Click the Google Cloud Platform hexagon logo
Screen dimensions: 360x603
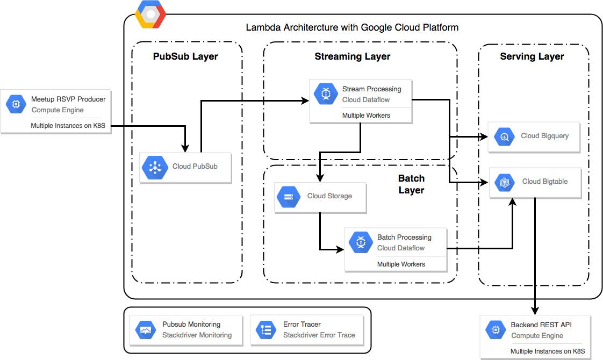coord(150,15)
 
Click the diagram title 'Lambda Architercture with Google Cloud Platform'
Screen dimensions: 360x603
coord(352,27)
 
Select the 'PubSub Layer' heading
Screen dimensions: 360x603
coord(185,56)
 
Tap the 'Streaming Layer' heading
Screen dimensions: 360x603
coord(352,56)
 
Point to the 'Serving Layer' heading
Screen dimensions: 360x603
coord(532,56)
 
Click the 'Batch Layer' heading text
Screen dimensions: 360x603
coord(411,184)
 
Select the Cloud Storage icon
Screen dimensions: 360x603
coord(289,197)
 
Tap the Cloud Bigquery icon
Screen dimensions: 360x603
coord(504,136)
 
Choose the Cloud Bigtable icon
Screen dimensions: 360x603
coord(504,182)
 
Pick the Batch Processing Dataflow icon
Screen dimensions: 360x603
coord(360,242)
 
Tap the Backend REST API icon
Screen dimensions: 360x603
coord(496,330)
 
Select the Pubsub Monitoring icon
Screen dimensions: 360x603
coord(146,330)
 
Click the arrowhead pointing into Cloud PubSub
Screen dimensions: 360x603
coord(185,148)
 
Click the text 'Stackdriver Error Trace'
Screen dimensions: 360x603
coord(319,335)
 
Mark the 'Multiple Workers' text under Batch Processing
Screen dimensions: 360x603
coord(400,264)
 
